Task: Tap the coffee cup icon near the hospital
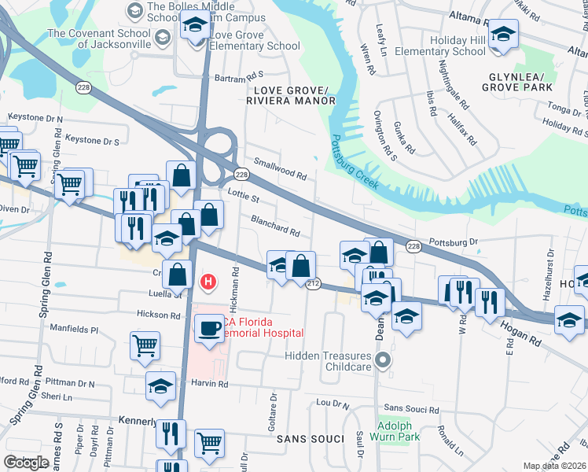209,328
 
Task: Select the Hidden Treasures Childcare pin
383,361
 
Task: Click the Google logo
26,462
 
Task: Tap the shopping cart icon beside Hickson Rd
145,345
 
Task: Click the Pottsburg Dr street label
454,242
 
